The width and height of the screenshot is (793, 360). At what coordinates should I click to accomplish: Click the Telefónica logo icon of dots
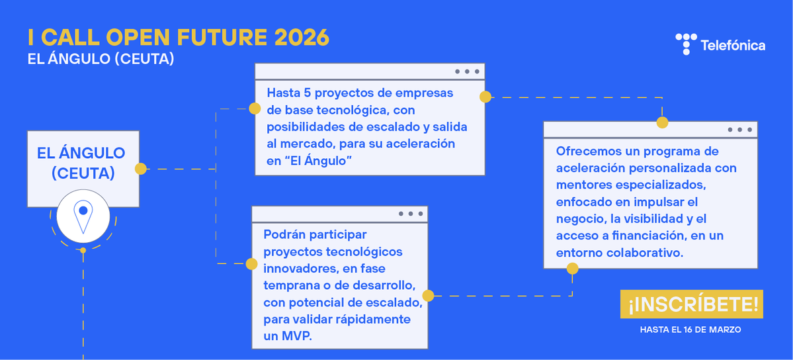686,44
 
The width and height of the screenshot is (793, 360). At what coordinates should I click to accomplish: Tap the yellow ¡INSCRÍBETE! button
691,304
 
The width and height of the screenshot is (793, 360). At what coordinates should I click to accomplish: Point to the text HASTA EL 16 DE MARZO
690,329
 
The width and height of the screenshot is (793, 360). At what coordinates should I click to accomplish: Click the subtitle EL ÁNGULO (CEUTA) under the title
101,59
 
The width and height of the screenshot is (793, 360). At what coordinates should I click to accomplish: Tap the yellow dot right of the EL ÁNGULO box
140,169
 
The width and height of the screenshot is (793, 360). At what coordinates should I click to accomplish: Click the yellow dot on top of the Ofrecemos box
662,122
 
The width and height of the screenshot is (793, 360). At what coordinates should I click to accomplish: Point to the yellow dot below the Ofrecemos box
572,269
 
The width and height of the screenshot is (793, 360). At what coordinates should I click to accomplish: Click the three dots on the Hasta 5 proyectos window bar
466,71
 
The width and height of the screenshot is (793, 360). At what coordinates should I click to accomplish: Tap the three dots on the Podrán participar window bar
410,214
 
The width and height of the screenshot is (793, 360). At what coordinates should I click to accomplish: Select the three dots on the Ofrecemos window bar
739,130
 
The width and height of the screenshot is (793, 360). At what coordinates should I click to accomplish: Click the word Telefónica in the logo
732,46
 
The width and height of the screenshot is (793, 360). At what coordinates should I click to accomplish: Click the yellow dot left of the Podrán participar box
251,264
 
